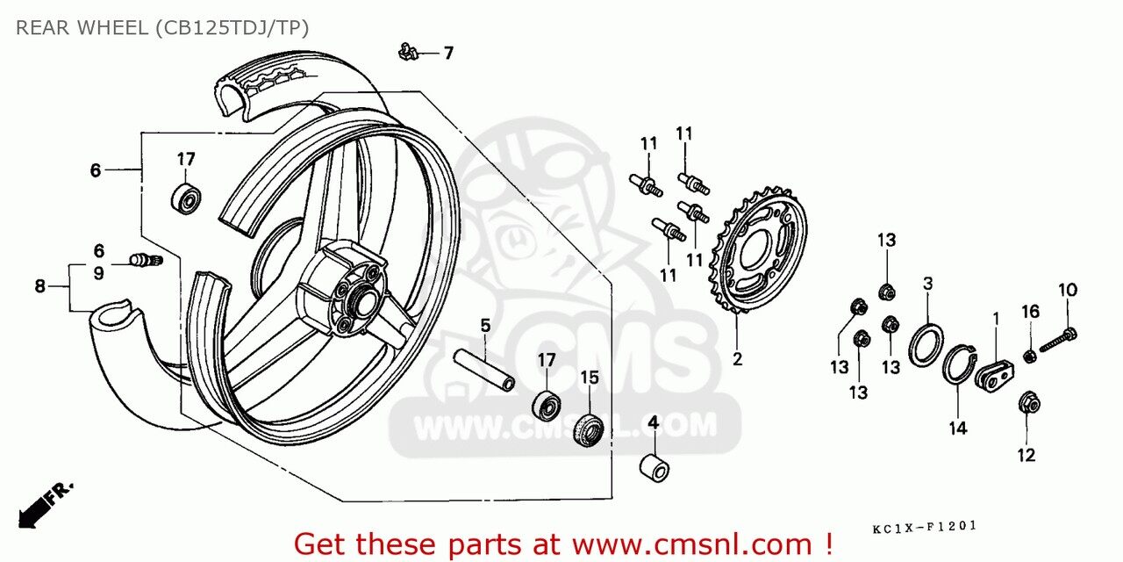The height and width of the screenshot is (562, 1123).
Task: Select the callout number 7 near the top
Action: point(448,54)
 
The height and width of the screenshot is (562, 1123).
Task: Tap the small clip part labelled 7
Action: point(408,51)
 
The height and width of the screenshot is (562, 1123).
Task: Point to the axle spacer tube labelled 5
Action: point(483,371)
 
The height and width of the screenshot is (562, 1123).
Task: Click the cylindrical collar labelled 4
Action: point(654,468)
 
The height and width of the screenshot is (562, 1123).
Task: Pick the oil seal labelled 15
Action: point(588,430)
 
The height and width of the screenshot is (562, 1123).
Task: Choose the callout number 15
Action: point(590,378)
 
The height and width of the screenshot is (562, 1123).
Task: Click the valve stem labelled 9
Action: point(147,260)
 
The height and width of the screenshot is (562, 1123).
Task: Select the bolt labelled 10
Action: point(1059,340)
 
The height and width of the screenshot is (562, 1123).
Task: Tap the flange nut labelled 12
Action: point(1029,403)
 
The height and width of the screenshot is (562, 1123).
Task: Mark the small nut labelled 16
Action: point(1030,357)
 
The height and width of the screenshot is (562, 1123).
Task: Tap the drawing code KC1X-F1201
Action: point(925,528)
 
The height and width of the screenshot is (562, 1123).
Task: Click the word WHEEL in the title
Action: point(112,28)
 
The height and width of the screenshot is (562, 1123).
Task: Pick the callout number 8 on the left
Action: point(40,286)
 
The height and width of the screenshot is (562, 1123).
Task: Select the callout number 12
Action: point(1026,455)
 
